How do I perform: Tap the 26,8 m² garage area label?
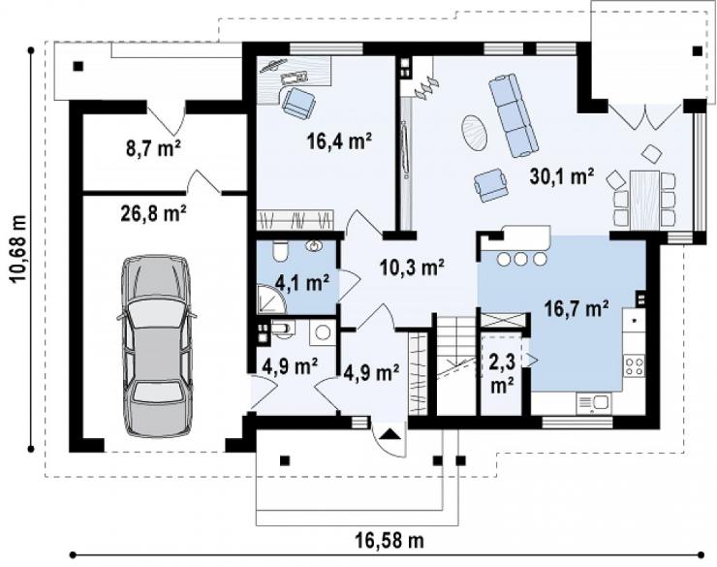[153, 213]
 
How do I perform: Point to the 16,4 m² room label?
[338, 141]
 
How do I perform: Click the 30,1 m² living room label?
[562, 176]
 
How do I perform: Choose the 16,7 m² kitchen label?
[577, 308]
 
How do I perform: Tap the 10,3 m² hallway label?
[413, 268]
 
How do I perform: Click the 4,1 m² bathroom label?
[302, 282]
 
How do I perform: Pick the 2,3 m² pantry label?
[502, 372]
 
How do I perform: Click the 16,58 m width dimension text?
[390, 541]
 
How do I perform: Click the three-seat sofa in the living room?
[514, 116]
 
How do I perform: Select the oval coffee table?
[474, 132]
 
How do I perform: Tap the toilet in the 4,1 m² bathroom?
[279, 251]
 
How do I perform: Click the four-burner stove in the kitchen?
[635, 366]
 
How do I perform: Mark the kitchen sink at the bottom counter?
[594, 403]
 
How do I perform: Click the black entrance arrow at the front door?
[389, 433]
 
